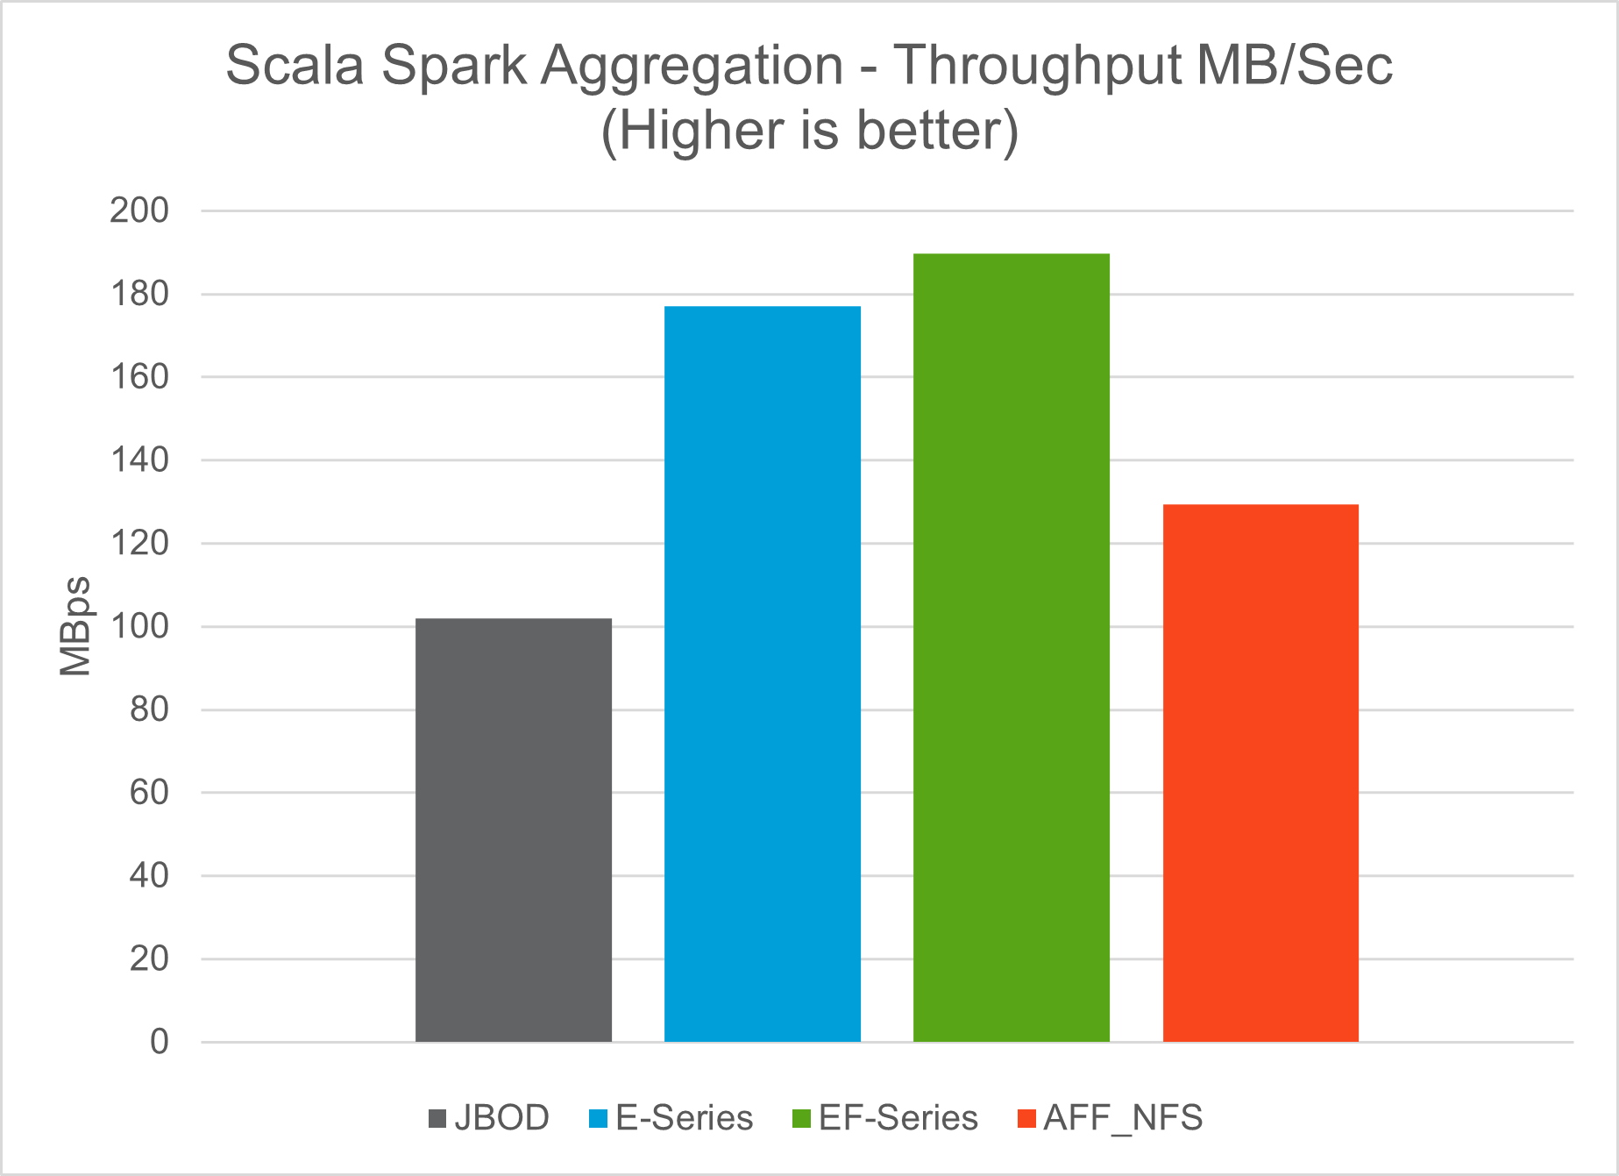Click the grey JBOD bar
click(x=513, y=830)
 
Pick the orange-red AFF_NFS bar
click(x=1260, y=773)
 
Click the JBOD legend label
click(x=501, y=1118)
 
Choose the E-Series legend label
click(x=684, y=1118)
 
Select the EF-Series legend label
click(x=898, y=1118)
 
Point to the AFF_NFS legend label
click(x=1123, y=1118)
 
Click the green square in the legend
click(x=801, y=1119)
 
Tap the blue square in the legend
click(x=599, y=1119)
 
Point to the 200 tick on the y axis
click(x=139, y=210)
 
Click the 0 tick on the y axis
click(x=160, y=1042)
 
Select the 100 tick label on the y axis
click(x=139, y=626)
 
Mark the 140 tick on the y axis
click(x=139, y=460)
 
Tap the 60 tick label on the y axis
click(x=149, y=792)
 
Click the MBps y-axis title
click(x=75, y=626)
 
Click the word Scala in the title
click(x=295, y=65)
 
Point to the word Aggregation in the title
click(x=692, y=67)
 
